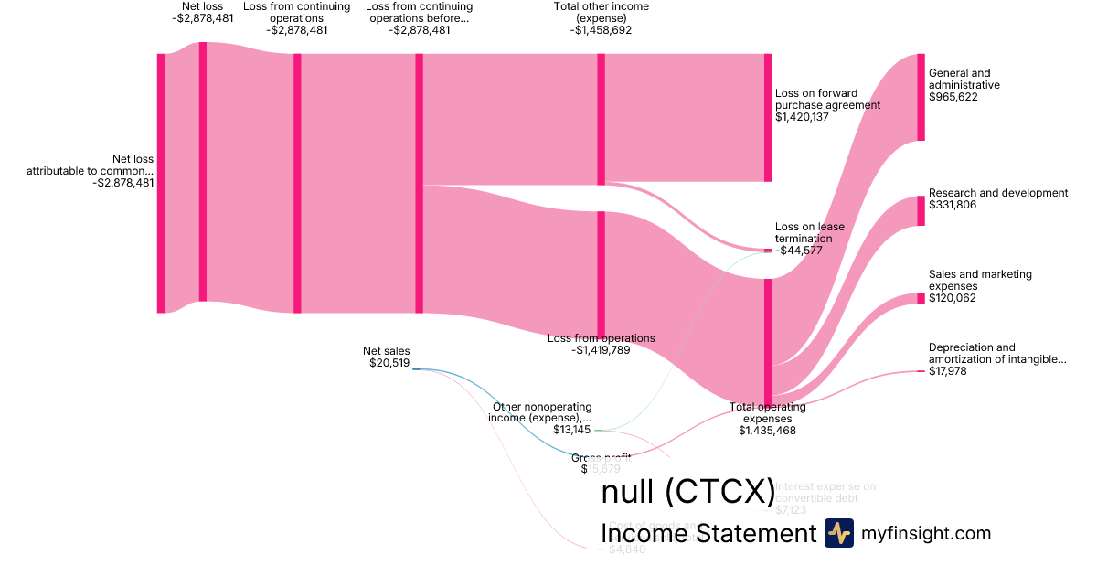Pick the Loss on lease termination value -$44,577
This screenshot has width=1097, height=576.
point(796,251)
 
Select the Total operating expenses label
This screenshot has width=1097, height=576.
point(768,412)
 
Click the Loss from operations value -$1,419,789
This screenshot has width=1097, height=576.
point(601,350)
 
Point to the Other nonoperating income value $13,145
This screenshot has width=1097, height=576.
point(571,430)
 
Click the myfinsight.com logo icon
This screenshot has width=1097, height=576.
point(838,533)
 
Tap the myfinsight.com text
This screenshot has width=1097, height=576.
point(926,533)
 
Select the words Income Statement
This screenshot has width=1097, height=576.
point(708,533)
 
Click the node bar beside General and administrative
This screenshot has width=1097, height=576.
point(921,97)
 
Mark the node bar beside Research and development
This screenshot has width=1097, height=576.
point(921,210)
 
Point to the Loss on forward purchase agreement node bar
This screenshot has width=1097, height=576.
point(768,117)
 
